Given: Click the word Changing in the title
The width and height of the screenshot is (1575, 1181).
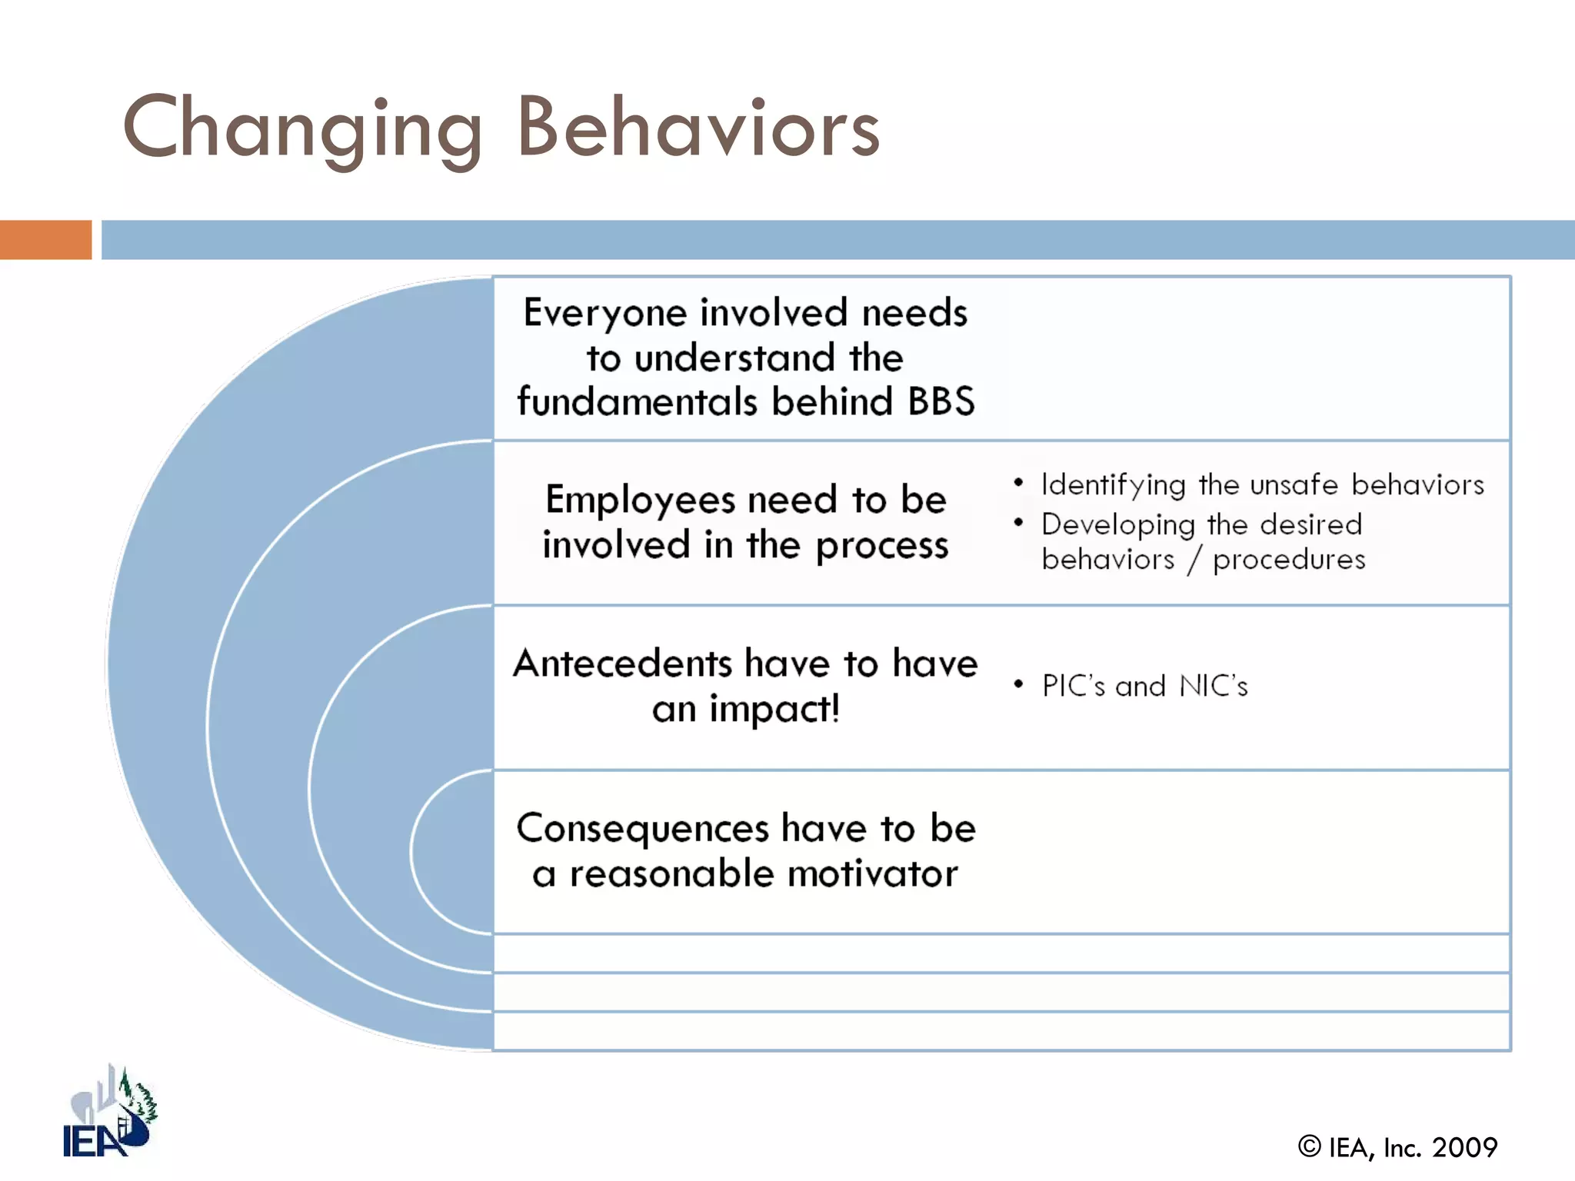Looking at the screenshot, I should pyautogui.click(x=301, y=129).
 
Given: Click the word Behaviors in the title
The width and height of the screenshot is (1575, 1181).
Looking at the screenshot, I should pyautogui.click(x=698, y=128).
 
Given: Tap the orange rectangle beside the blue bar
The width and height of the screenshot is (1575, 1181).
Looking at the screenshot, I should pyautogui.click(x=45, y=240).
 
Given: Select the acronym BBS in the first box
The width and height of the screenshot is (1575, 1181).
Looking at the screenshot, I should pyautogui.click(x=941, y=401).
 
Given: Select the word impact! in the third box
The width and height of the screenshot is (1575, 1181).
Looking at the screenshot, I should pyautogui.click(x=774, y=709).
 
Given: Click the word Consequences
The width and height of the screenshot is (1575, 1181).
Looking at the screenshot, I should pyautogui.click(x=642, y=829).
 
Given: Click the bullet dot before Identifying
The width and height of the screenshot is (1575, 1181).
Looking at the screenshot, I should pyautogui.click(x=1018, y=483).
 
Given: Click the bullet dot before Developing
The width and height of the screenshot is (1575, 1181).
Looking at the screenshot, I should pyautogui.click(x=1018, y=523).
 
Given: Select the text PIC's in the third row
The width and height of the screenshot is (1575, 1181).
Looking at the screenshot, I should pyautogui.click(x=1073, y=686).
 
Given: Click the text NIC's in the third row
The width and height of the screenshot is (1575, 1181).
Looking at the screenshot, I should pyautogui.click(x=1213, y=686).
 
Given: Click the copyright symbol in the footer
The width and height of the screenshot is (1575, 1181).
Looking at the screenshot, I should pyautogui.click(x=1309, y=1146).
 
